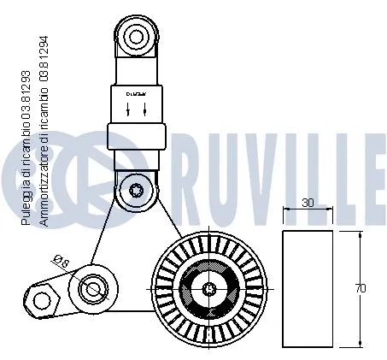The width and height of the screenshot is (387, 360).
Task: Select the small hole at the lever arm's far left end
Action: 38,300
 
